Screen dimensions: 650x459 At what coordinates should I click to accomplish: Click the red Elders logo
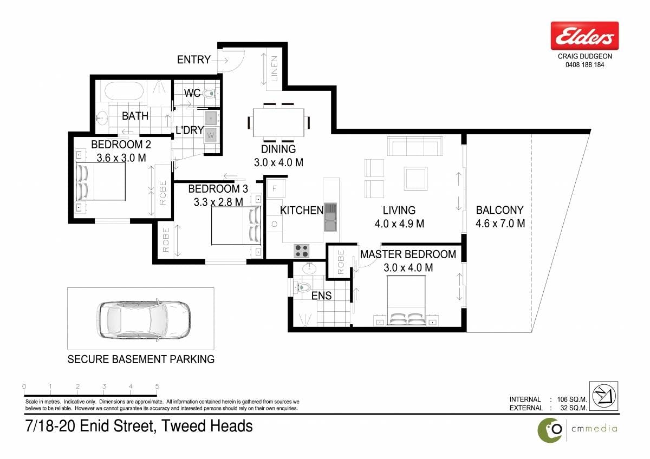(584, 36)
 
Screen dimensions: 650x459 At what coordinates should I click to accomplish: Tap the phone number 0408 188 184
(584, 64)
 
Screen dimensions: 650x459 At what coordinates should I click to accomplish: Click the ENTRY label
(193, 60)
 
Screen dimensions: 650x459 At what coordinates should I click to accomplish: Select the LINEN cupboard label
(274, 69)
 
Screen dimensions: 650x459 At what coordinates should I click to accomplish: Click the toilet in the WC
(209, 93)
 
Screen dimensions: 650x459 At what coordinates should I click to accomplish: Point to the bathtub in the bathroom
(124, 91)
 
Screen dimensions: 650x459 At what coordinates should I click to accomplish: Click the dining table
(278, 122)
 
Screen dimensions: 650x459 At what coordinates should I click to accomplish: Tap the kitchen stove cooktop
(302, 251)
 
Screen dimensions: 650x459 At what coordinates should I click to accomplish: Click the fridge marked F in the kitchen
(275, 189)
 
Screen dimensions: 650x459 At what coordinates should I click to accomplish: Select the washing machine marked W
(211, 135)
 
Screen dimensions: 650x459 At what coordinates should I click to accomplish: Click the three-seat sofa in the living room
(415, 146)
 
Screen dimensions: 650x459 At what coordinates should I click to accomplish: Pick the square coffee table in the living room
(415, 178)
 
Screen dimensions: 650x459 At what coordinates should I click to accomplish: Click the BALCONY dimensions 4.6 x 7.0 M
(500, 224)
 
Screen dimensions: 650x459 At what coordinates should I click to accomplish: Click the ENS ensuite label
(321, 296)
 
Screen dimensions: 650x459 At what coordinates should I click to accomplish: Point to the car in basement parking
(144, 319)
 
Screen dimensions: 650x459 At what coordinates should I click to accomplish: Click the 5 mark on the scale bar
(157, 386)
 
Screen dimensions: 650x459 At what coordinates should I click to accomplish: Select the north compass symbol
(603, 396)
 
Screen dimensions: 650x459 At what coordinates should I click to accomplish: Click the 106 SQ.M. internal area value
(571, 399)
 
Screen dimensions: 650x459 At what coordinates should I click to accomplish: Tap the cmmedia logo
(577, 430)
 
